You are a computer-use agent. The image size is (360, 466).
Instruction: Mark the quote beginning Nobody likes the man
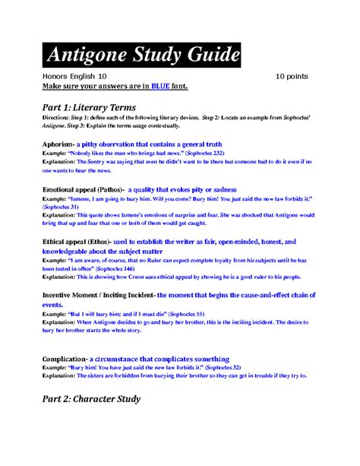pos(122,152)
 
